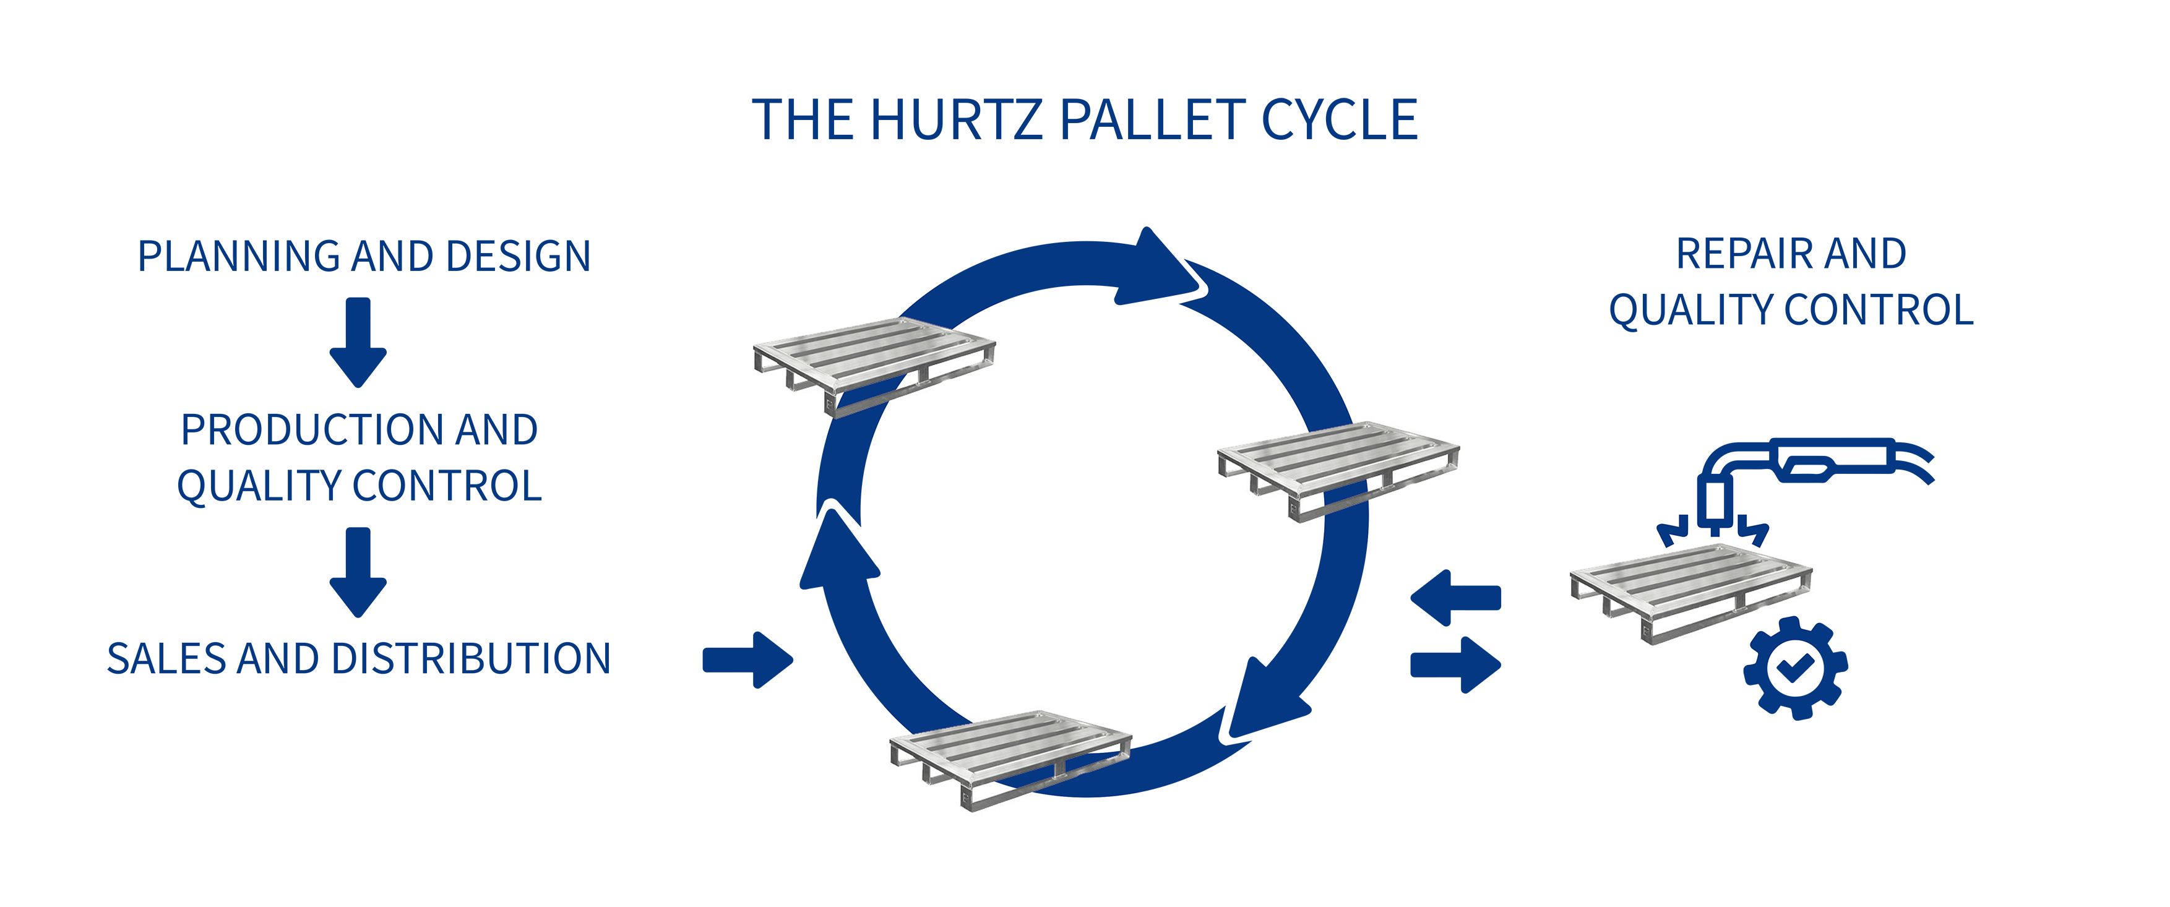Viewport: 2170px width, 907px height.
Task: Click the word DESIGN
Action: click(x=518, y=257)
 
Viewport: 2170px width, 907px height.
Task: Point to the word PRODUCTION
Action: click(x=310, y=431)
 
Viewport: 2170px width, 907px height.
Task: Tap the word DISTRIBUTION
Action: click(x=471, y=658)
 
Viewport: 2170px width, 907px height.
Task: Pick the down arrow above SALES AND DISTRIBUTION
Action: click(x=358, y=573)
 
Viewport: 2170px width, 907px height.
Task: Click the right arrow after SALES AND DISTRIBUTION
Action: click(x=748, y=660)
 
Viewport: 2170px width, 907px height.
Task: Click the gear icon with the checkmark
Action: click(x=1795, y=668)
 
